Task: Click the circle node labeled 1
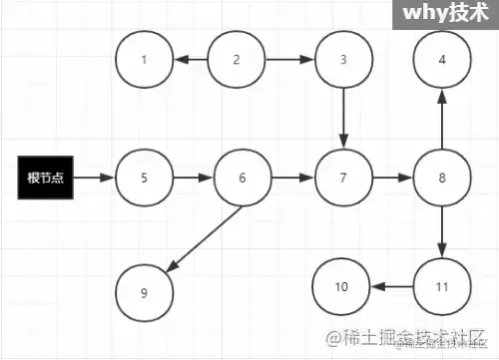pos(144,59)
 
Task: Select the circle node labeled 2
pos(237,59)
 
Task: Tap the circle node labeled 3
pos(343,59)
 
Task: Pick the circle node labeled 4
pos(442,59)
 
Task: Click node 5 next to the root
pos(144,179)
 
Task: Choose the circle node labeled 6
pos(243,179)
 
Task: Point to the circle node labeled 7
pos(343,179)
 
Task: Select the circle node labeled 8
pos(442,179)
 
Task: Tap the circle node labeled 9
pos(144,292)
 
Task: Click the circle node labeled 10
pos(341,287)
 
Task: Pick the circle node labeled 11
pos(442,287)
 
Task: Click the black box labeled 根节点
pos(45,179)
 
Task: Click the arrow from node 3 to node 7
pos(343,118)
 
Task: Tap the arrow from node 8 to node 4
pos(442,118)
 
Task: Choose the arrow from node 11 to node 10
pos(392,287)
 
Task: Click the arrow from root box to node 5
pos(94,179)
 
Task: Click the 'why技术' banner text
pos(444,15)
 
